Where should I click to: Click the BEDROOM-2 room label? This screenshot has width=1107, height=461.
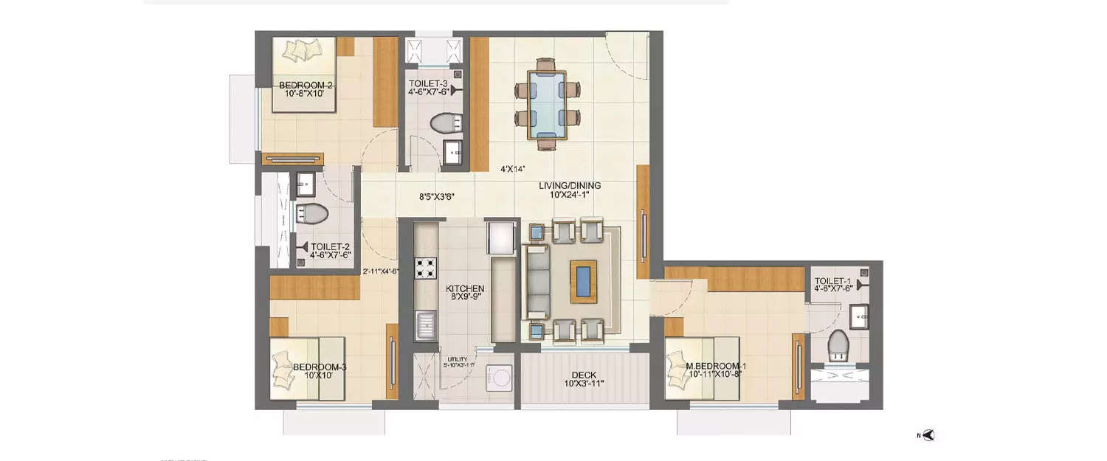coord(306,86)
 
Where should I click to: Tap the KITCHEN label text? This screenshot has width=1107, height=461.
coord(465,288)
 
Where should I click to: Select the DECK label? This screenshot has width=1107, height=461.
coord(584,375)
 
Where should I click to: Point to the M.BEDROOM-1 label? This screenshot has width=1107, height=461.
coord(715,367)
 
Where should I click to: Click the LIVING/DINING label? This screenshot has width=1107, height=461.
coord(569,185)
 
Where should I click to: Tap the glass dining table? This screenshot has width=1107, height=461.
coord(547,104)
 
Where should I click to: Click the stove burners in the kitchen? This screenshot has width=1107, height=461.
coord(426,268)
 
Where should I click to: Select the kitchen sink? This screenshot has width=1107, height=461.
coord(426,326)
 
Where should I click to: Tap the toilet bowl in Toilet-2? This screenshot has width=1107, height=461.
coord(313,214)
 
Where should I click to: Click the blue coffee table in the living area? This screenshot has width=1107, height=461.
coord(583,281)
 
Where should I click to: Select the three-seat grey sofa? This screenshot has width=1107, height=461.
coord(537,281)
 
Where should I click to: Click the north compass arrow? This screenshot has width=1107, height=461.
coord(928,435)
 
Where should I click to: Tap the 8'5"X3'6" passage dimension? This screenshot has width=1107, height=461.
coord(436,197)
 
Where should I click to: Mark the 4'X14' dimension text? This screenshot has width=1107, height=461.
coord(512,169)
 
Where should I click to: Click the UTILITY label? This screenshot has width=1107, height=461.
coord(458,359)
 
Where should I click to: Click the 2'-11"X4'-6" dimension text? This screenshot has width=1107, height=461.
coord(381,271)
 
